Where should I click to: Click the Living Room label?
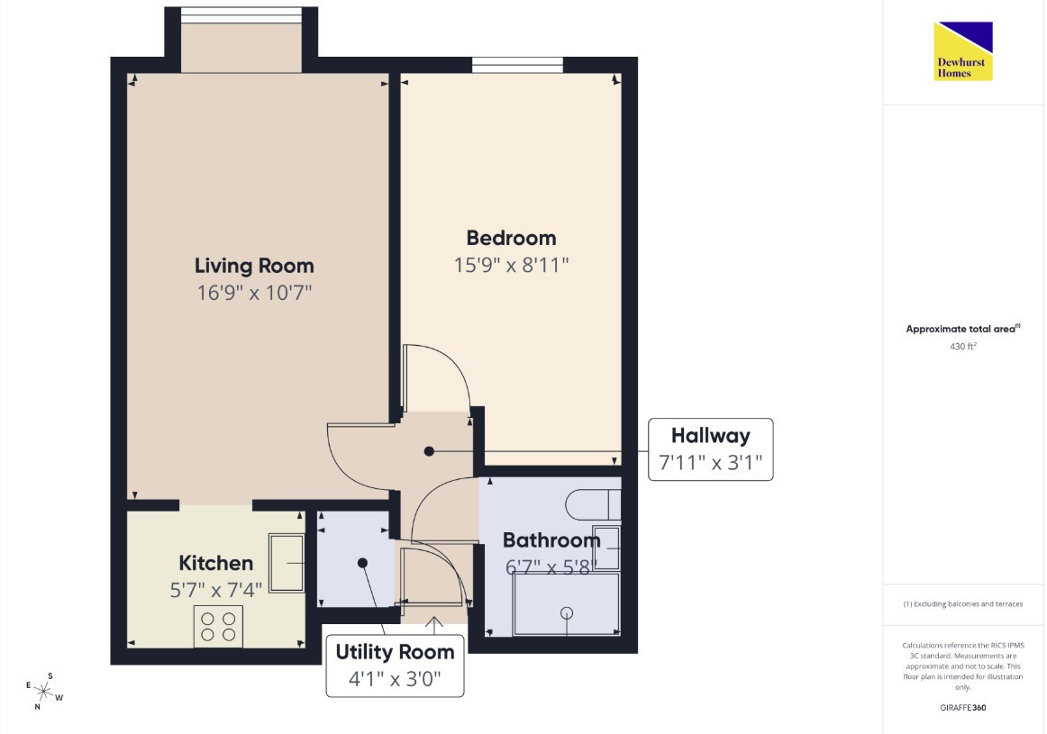[254, 266]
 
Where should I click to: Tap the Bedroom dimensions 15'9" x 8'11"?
[512, 265]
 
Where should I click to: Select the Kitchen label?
[215, 563]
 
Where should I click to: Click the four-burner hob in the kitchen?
[218, 626]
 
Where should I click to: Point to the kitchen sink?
[287, 563]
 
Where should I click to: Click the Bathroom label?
[551, 539]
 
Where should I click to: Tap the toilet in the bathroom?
[593, 505]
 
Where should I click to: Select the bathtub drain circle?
[567, 612]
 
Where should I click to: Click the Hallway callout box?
[710, 449]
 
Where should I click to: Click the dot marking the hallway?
[430, 451]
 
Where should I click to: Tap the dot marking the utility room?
[362, 563]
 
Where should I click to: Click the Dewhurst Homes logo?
[963, 51]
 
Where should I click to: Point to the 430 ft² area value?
[963, 347]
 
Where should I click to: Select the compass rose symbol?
[44, 692]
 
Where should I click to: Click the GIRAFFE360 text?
[963, 707]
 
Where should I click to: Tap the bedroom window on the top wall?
[517, 65]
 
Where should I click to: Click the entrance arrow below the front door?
[434, 626]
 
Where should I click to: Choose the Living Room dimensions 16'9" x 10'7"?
[254, 293]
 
